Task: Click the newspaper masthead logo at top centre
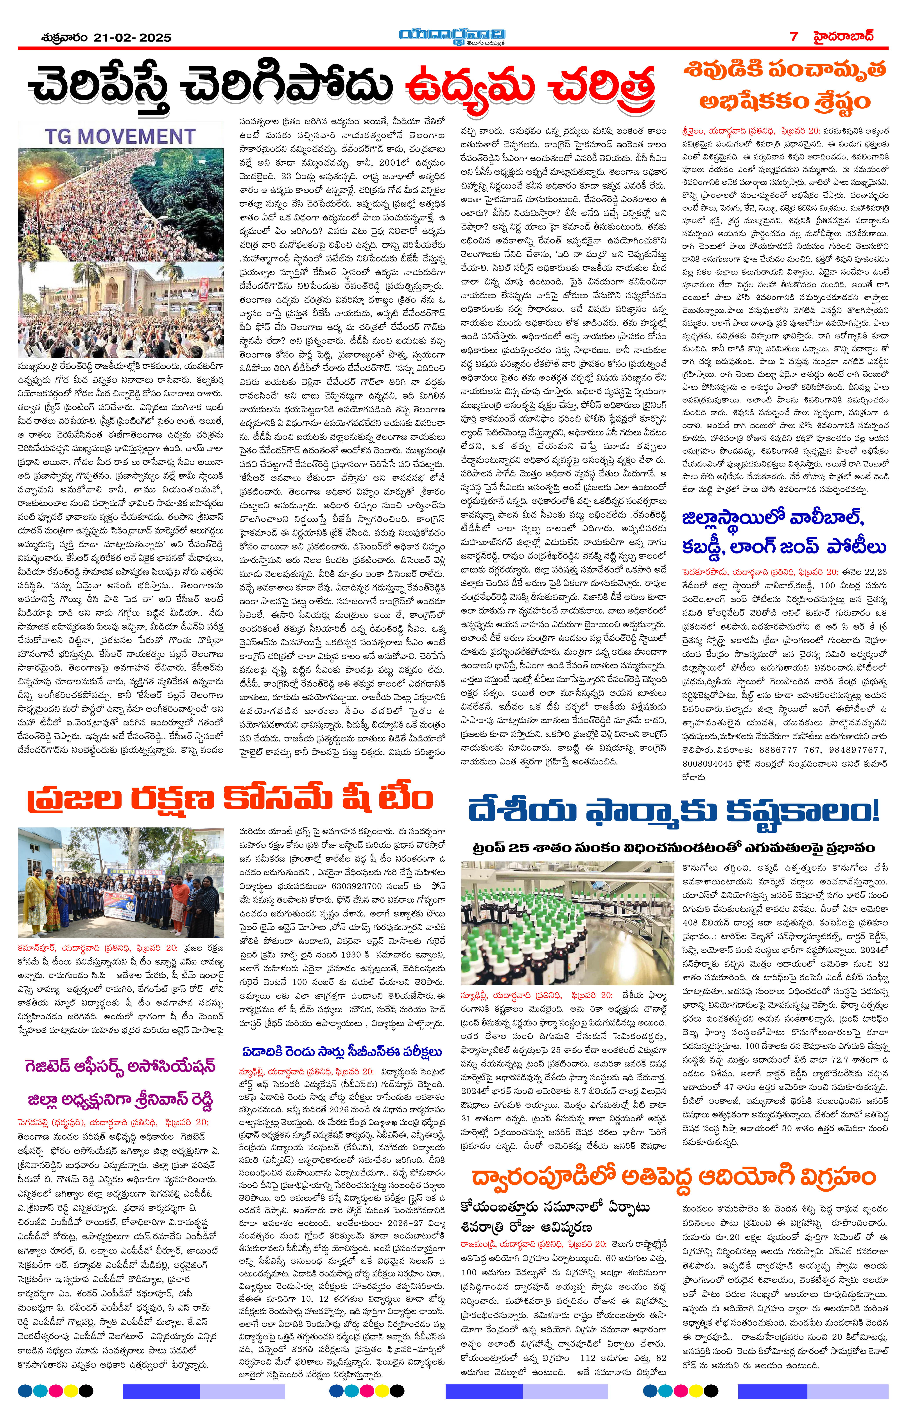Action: point(453,36)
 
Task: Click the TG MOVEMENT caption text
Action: point(120,137)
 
